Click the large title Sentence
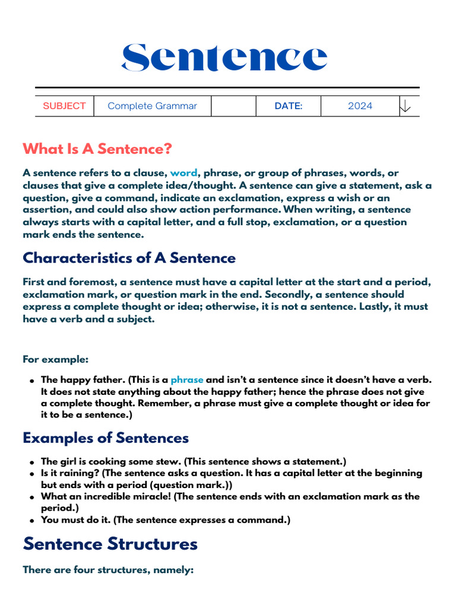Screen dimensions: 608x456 point(224,58)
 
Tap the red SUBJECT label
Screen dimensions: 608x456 point(64,106)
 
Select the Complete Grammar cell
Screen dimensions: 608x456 point(152,106)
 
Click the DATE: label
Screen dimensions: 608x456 point(288,106)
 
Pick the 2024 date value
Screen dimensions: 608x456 point(360,106)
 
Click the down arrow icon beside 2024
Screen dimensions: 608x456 point(405,106)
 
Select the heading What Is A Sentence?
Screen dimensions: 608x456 point(97,148)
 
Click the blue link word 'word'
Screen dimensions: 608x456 point(183,173)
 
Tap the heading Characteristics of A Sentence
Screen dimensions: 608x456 point(129,258)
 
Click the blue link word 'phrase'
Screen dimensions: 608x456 point(186,379)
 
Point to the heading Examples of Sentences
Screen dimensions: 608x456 point(106,438)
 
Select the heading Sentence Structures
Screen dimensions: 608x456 point(110,543)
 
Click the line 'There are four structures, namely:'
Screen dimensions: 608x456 point(108,570)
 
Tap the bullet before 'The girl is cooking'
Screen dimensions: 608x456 point(31,462)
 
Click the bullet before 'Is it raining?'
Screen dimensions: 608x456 point(31,474)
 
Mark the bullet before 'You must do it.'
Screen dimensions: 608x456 point(31,520)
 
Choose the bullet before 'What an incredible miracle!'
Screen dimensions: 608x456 point(31,497)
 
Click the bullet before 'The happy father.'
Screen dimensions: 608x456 point(31,380)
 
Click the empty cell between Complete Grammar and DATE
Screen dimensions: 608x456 point(233,106)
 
